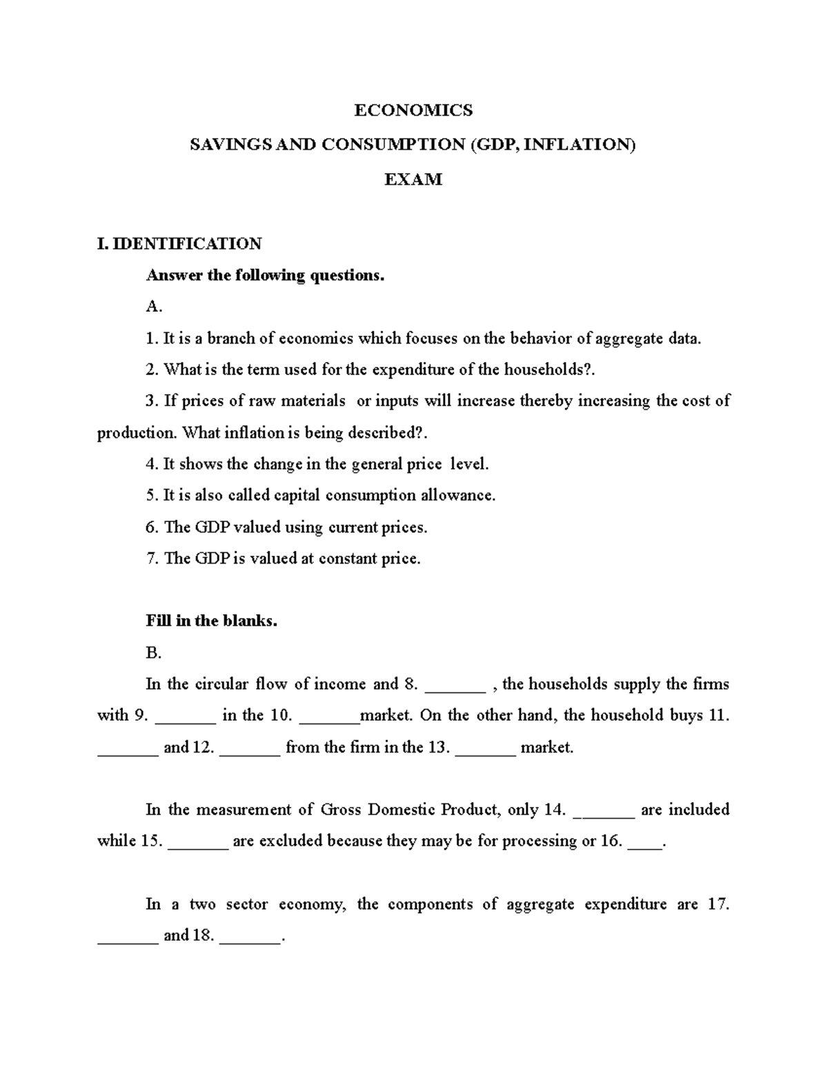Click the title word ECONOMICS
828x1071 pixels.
point(413,110)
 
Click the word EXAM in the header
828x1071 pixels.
point(413,179)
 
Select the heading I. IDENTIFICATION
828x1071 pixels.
point(179,243)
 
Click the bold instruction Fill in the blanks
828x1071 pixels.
point(211,621)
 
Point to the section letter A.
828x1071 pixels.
point(153,307)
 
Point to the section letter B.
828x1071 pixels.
point(153,652)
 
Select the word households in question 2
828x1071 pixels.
point(549,370)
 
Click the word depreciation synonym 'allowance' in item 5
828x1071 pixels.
point(462,495)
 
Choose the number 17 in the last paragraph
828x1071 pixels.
point(718,904)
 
